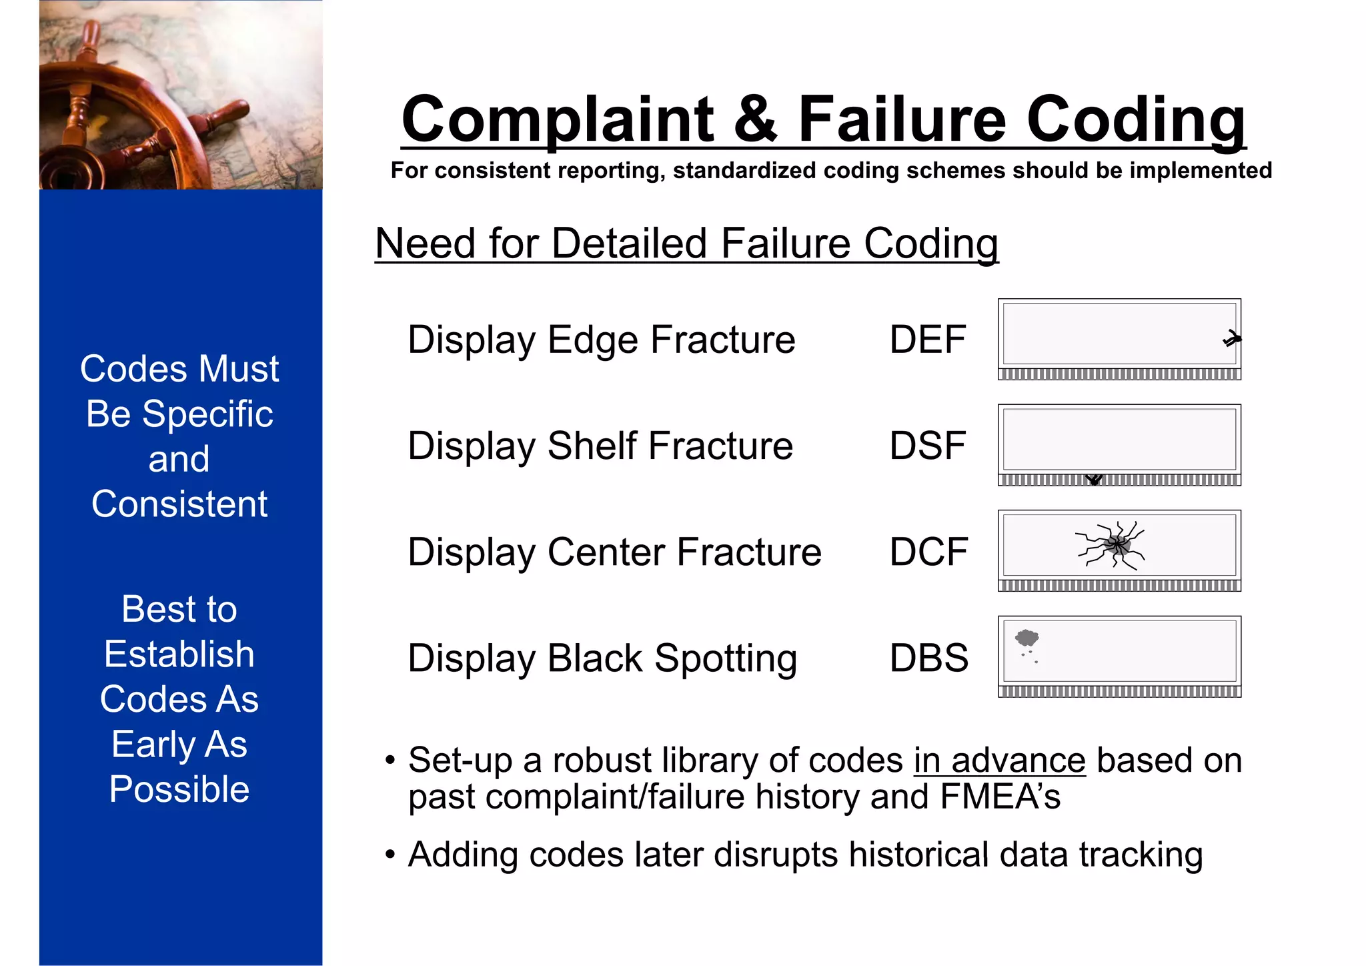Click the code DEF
(x=928, y=340)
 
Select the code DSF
(x=928, y=446)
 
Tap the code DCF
(x=928, y=552)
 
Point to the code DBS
(x=928, y=658)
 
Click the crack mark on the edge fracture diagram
(x=1231, y=339)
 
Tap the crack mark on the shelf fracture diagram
(x=1094, y=479)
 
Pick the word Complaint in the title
(x=558, y=119)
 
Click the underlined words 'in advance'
(x=999, y=761)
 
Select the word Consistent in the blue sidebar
(x=179, y=504)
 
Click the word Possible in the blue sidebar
(x=179, y=789)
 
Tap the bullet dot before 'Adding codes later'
(x=391, y=855)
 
